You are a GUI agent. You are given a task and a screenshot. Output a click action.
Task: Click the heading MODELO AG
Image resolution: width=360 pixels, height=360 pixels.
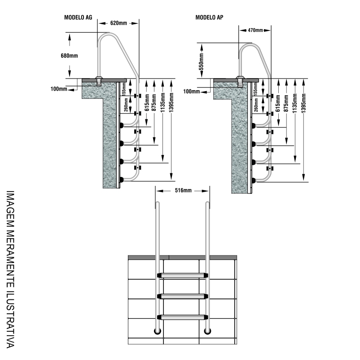click(78, 18)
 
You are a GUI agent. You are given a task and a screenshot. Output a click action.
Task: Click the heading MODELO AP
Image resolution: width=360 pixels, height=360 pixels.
click(210, 18)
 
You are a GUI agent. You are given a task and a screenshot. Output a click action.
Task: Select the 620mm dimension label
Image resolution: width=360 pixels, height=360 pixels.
click(118, 22)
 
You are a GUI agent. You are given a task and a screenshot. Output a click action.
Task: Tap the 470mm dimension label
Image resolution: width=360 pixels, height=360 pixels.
click(255, 30)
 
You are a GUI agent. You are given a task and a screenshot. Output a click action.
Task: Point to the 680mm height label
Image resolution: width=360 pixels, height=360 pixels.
click(70, 56)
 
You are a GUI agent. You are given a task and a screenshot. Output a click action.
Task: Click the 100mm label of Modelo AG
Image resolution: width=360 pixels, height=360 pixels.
click(59, 89)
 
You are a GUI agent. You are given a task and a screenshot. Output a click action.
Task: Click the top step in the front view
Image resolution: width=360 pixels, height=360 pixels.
click(182, 275)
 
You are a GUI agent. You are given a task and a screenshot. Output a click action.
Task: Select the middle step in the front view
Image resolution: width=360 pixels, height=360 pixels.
click(182, 295)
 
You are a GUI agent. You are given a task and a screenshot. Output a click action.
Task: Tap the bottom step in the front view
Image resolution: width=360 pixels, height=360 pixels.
click(182, 316)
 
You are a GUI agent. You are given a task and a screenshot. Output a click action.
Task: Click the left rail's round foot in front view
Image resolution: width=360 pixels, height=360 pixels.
click(158, 331)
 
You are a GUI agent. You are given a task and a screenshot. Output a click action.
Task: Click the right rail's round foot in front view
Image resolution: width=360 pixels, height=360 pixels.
click(207, 331)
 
